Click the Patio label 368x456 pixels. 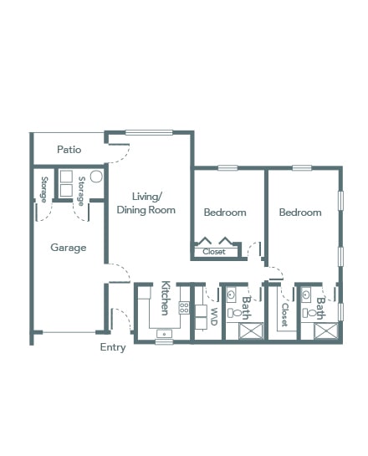click(x=69, y=150)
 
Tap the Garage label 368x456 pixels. click(x=69, y=248)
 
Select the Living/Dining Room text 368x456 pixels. click(x=146, y=203)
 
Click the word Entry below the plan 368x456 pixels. click(x=113, y=347)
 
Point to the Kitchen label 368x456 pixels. click(x=166, y=298)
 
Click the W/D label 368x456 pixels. click(x=213, y=316)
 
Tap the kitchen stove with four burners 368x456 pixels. click(x=184, y=308)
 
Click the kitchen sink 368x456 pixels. click(x=164, y=334)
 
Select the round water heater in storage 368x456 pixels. click(x=96, y=177)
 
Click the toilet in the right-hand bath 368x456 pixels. click(x=309, y=313)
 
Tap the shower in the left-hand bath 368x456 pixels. click(x=251, y=331)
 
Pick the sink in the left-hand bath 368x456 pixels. click(x=231, y=295)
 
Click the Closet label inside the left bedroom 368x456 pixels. click(x=214, y=252)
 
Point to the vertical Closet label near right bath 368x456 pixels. click(x=285, y=315)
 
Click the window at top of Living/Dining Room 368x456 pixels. click(x=149, y=132)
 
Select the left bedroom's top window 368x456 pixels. click(x=227, y=168)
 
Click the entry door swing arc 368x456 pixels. click(x=125, y=315)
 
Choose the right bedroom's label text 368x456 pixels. click(x=300, y=213)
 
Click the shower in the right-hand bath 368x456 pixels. click(x=326, y=331)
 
